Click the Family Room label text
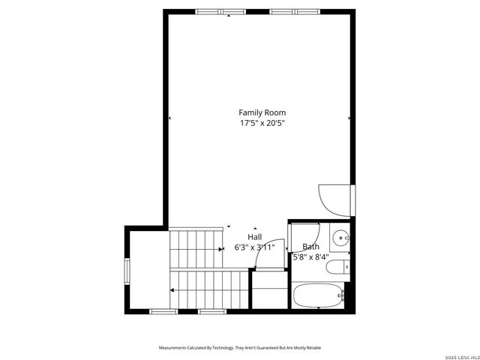click(262, 112)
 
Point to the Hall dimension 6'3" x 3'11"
click(255, 247)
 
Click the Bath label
click(310, 247)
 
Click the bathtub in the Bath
click(318, 295)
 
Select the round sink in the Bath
click(341, 238)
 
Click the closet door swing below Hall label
click(265, 259)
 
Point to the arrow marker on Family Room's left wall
click(169, 118)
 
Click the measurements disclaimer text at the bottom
click(239, 348)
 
